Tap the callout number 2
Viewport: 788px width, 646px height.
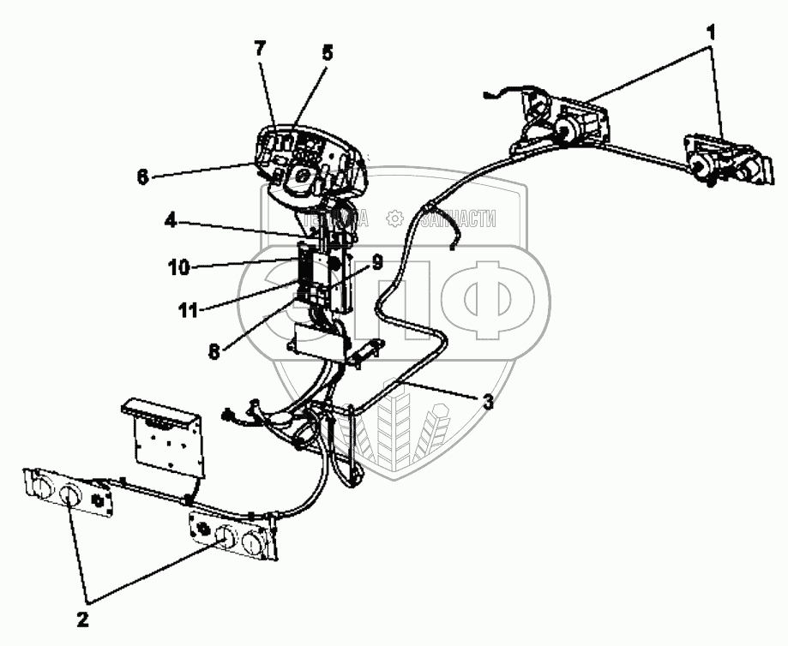click(84, 616)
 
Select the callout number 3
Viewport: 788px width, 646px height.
click(487, 401)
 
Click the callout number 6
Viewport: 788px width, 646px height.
click(142, 176)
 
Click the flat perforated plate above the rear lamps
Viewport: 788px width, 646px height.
click(165, 439)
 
